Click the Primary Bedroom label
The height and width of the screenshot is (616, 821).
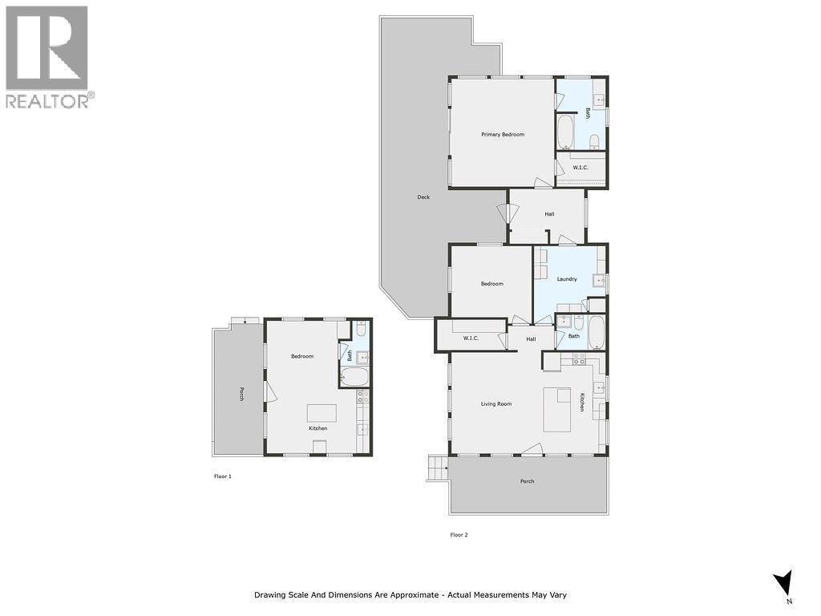coord(503,134)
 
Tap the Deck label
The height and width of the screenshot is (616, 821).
coord(423,197)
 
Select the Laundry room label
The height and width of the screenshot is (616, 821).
coord(567,278)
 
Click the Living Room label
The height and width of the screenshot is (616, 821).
coord(496,403)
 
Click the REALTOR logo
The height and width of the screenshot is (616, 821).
coord(49,56)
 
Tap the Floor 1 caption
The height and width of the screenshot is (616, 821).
coord(222,476)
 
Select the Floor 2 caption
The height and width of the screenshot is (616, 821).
coord(459,535)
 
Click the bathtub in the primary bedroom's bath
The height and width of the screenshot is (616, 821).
coord(565,132)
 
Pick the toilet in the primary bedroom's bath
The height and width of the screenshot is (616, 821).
coord(594,142)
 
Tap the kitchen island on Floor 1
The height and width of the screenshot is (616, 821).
coord(322,412)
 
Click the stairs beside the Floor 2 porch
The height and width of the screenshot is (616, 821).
coord(437,468)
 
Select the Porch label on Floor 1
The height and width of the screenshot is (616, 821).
coord(241,394)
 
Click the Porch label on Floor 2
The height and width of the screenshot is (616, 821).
coord(527,481)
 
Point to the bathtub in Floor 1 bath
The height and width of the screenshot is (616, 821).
coord(354,377)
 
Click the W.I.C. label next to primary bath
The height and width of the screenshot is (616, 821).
coord(580,167)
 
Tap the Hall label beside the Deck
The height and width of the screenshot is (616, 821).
coord(549,214)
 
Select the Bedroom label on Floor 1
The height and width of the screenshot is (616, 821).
coord(302,356)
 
